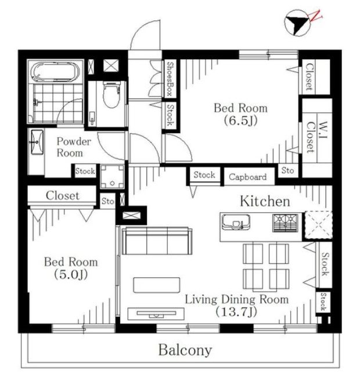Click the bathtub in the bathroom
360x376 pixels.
pyautogui.click(x=56, y=71)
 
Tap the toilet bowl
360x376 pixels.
pyautogui.click(x=111, y=94)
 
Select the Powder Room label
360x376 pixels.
pyautogui.click(x=74, y=147)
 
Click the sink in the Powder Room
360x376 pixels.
pyautogui.click(x=37, y=142)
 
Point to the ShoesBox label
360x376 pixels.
pyautogui.click(x=170, y=78)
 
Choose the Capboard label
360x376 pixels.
pyautogui.click(x=247, y=177)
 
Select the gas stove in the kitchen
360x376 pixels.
pyautogui.click(x=285, y=223)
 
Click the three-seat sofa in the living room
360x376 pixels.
pyautogui.click(x=157, y=241)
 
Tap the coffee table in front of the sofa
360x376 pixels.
pyautogui.click(x=157, y=285)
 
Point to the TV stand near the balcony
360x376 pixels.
pyautogui.click(x=156, y=314)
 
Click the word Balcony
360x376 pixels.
pyautogui.click(x=185, y=350)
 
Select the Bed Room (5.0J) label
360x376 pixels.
pyautogui.click(x=71, y=268)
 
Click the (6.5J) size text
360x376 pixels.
pyautogui.click(x=241, y=120)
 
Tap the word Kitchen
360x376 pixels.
pyautogui.click(x=265, y=201)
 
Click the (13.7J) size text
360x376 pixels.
pyautogui.click(x=236, y=311)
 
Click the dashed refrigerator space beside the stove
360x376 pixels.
pyautogui.click(x=318, y=225)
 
